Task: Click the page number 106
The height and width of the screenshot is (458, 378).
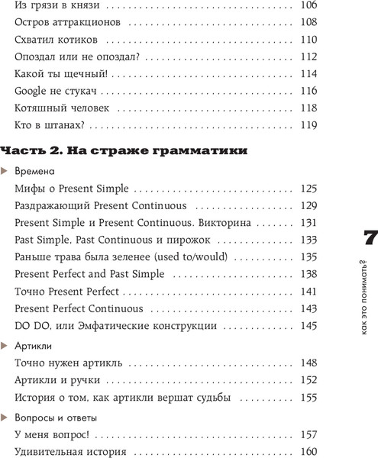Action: (309, 5)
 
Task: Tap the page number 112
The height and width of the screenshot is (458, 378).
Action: (309, 56)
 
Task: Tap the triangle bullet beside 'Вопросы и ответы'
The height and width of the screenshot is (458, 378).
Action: (6, 417)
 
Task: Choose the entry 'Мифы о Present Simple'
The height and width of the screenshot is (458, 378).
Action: (71, 188)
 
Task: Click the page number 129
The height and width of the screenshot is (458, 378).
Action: (309, 206)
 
